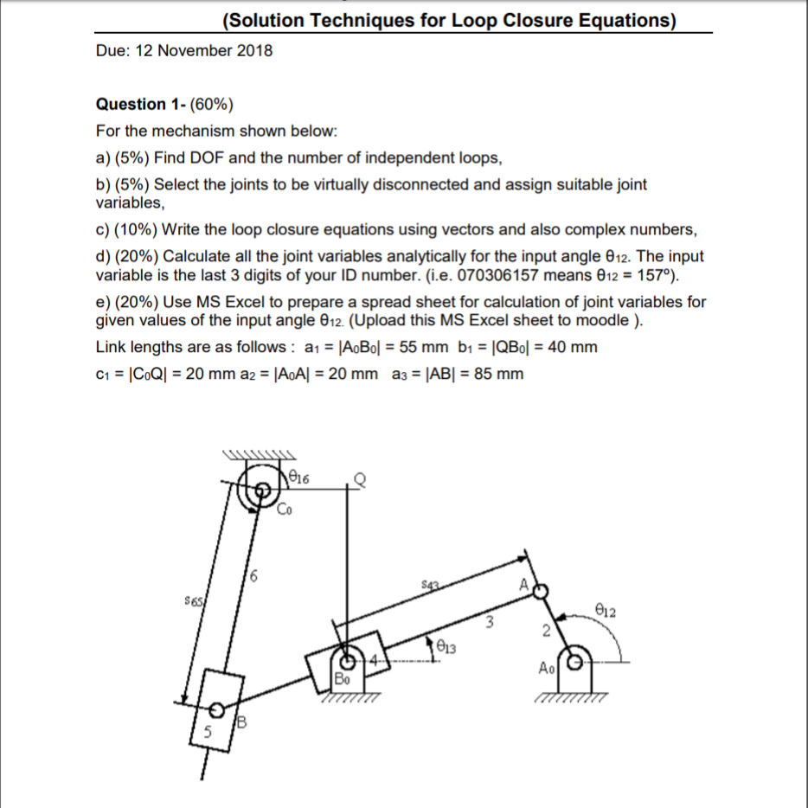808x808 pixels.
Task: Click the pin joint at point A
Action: (541, 591)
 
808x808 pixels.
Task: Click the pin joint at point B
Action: (219, 710)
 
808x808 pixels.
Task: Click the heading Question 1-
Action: (135, 105)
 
